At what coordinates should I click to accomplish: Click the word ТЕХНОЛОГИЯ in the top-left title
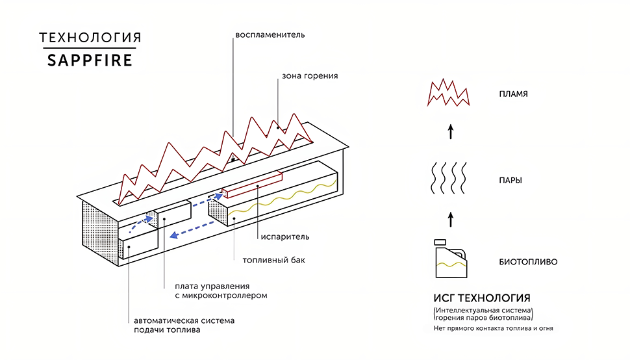tap(90, 38)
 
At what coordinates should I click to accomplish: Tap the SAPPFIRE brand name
tap(90, 60)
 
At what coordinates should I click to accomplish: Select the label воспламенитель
tap(270, 35)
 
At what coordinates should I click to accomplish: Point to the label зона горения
tap(310, 76)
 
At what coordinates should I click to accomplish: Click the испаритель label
tap(285, 237)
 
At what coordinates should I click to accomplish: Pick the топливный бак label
tap(273, 260)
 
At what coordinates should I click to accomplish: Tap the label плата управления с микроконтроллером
tap(221, 291)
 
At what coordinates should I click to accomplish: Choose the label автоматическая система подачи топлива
tap(184, 326)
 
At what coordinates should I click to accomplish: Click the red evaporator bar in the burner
tap(252, 185)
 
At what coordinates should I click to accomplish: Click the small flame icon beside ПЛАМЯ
tap(448, 93)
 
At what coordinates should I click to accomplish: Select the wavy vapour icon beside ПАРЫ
tap(448, 177)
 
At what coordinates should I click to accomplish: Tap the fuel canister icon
tap(451, 259)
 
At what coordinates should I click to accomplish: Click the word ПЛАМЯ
tap(514, 94)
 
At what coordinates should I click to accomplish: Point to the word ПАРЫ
tap(510, 181)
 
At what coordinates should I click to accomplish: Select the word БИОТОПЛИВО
tap(528, 262)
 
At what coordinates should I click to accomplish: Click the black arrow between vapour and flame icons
tap(451, 132)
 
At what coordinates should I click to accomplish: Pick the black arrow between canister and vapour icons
tap(451, 220)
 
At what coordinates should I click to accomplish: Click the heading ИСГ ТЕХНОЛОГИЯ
tap(482, 298)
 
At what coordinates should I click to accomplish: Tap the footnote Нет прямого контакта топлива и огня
tap(494, 328)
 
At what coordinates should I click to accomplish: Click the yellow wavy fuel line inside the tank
tap(283, 199)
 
